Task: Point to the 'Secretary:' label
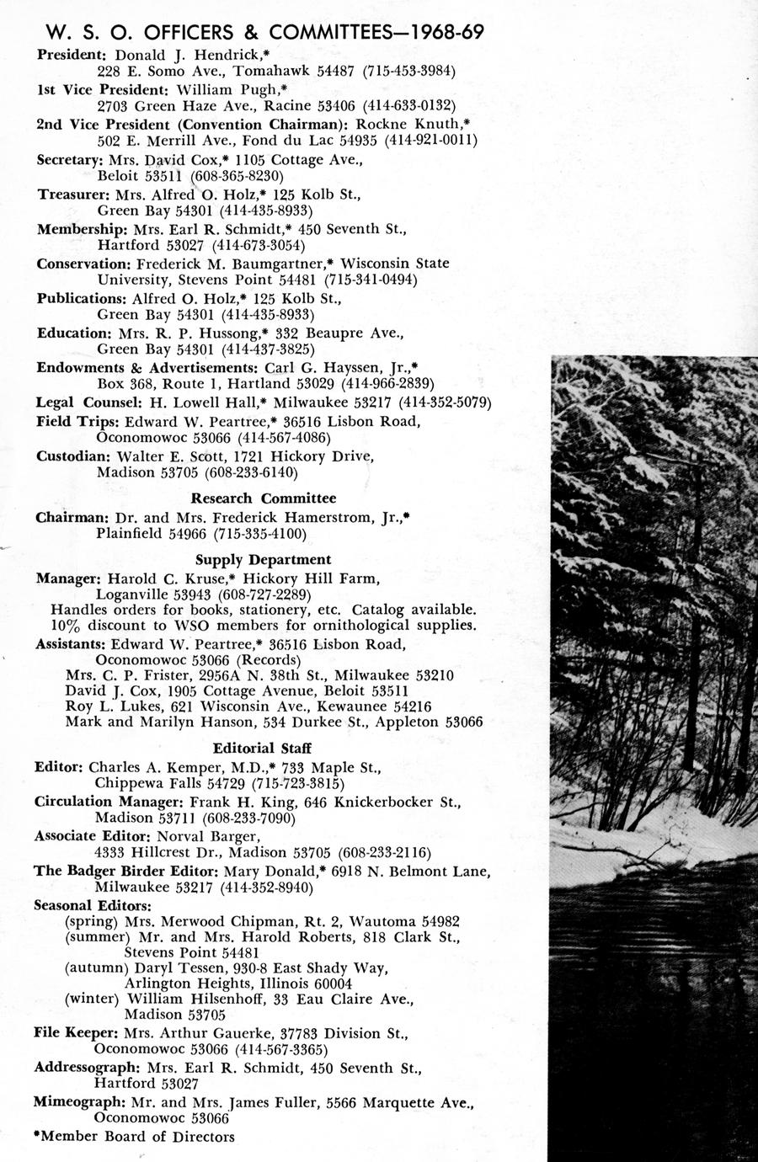(x=69, y=159)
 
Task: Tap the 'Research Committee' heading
(x=263, y=498)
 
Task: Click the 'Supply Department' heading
(x=263, y=559)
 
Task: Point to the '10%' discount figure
(x=66, y=625)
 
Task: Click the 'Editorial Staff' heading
(x=263, y=748)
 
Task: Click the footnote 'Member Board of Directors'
(x=136, y=1137)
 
